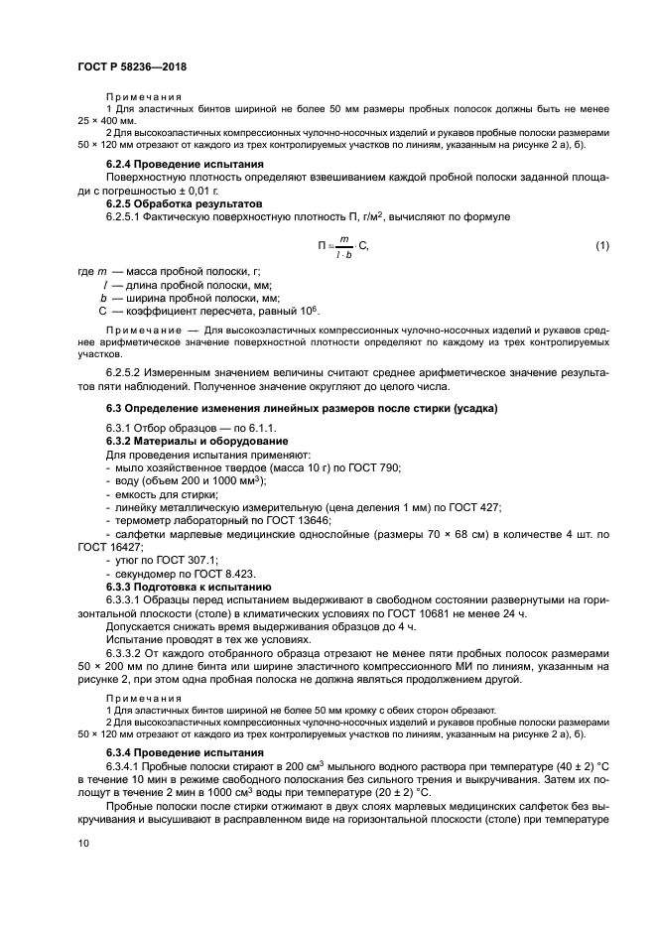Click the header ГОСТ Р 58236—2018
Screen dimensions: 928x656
click(131, 66)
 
